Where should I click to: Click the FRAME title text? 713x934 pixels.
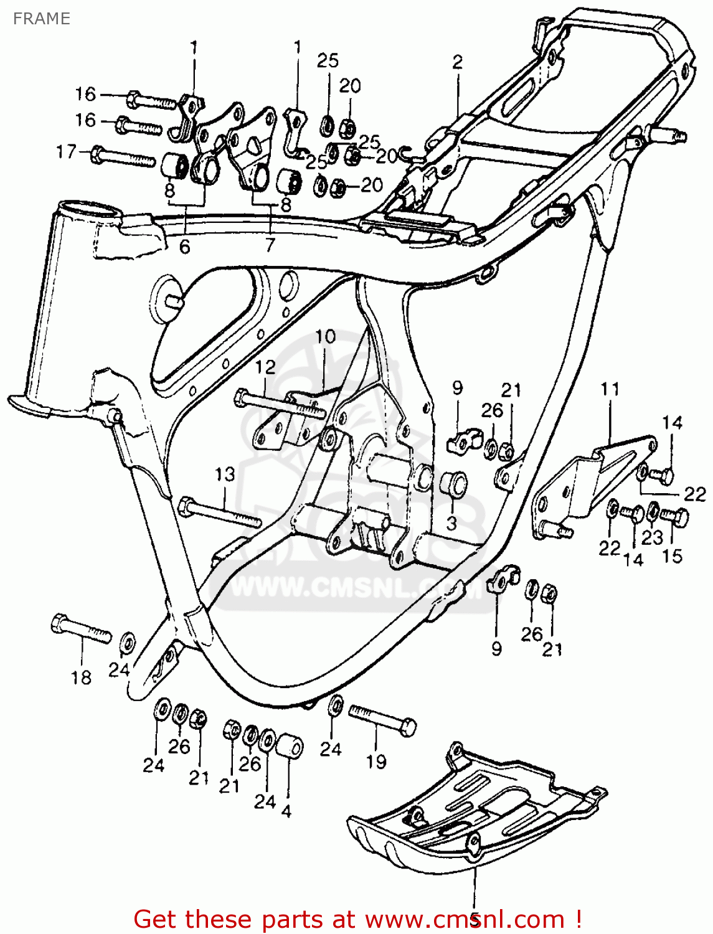41,19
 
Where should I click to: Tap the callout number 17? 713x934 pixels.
66,152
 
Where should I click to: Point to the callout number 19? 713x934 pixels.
376,762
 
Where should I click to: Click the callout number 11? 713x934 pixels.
610,390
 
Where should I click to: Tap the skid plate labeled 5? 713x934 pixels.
473,816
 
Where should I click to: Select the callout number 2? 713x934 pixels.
458,62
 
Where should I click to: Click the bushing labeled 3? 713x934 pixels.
453,485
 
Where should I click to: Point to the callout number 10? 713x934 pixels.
325,337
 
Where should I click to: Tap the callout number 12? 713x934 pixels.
265,367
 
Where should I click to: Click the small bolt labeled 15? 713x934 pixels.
674,516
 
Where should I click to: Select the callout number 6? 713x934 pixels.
184,247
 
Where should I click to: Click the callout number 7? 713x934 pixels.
269,245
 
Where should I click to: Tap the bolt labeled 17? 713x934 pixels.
123,156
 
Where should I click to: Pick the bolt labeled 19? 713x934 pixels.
382,719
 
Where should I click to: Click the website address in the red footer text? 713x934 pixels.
464,919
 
